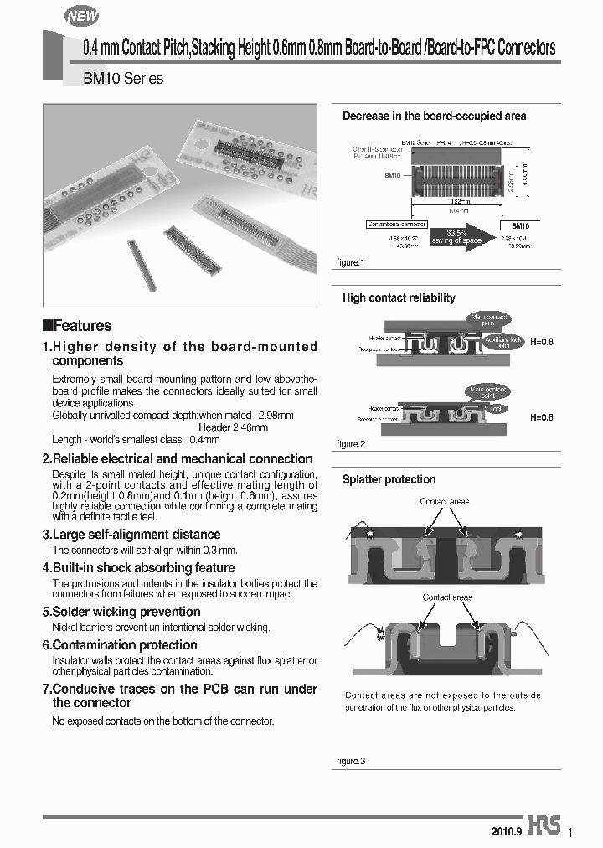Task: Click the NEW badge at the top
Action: (82, 16)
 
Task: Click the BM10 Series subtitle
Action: (123, 79)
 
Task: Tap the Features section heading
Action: (77, 326)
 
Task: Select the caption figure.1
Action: (351, 263)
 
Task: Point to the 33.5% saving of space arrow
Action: (461, 237)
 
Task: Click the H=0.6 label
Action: (541, 416)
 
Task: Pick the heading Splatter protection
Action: (389, 479)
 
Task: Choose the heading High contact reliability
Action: (399, 297)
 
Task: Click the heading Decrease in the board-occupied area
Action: (434, 116)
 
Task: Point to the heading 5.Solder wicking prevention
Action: (121, 612)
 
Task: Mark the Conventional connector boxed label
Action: (397, 225)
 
